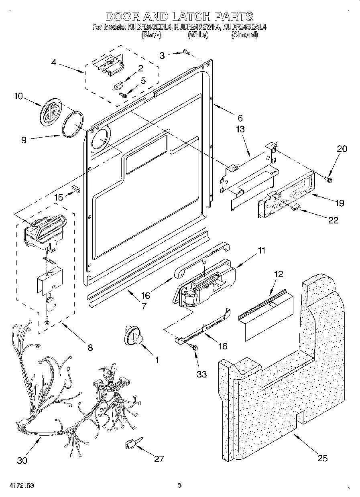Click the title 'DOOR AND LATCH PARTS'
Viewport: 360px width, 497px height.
click(179, 16)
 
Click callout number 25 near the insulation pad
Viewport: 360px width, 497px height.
click(322, 458)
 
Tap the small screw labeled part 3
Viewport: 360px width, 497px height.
click(185, 52)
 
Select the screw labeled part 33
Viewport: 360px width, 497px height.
click(195, 349)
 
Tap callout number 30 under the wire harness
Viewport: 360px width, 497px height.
click(22, 460)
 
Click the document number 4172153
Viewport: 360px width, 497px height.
click(18, 485)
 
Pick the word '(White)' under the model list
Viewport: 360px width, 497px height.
click(198, 35)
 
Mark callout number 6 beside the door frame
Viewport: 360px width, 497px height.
click(240, 118)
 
